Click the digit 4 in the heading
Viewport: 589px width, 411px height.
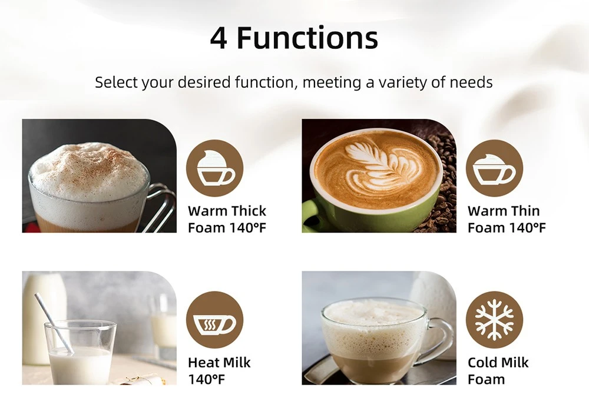pos(219,38)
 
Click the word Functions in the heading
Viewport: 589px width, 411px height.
pos(307,38)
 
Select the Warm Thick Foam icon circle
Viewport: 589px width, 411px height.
pos(214,168)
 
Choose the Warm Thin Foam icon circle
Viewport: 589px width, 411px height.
pos(494,168)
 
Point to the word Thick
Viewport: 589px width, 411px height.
pos(249,211)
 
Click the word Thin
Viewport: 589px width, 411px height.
pos(525,211)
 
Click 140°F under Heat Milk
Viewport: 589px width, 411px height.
pos(206,379)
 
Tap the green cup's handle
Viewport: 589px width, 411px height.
pos(310,217)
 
